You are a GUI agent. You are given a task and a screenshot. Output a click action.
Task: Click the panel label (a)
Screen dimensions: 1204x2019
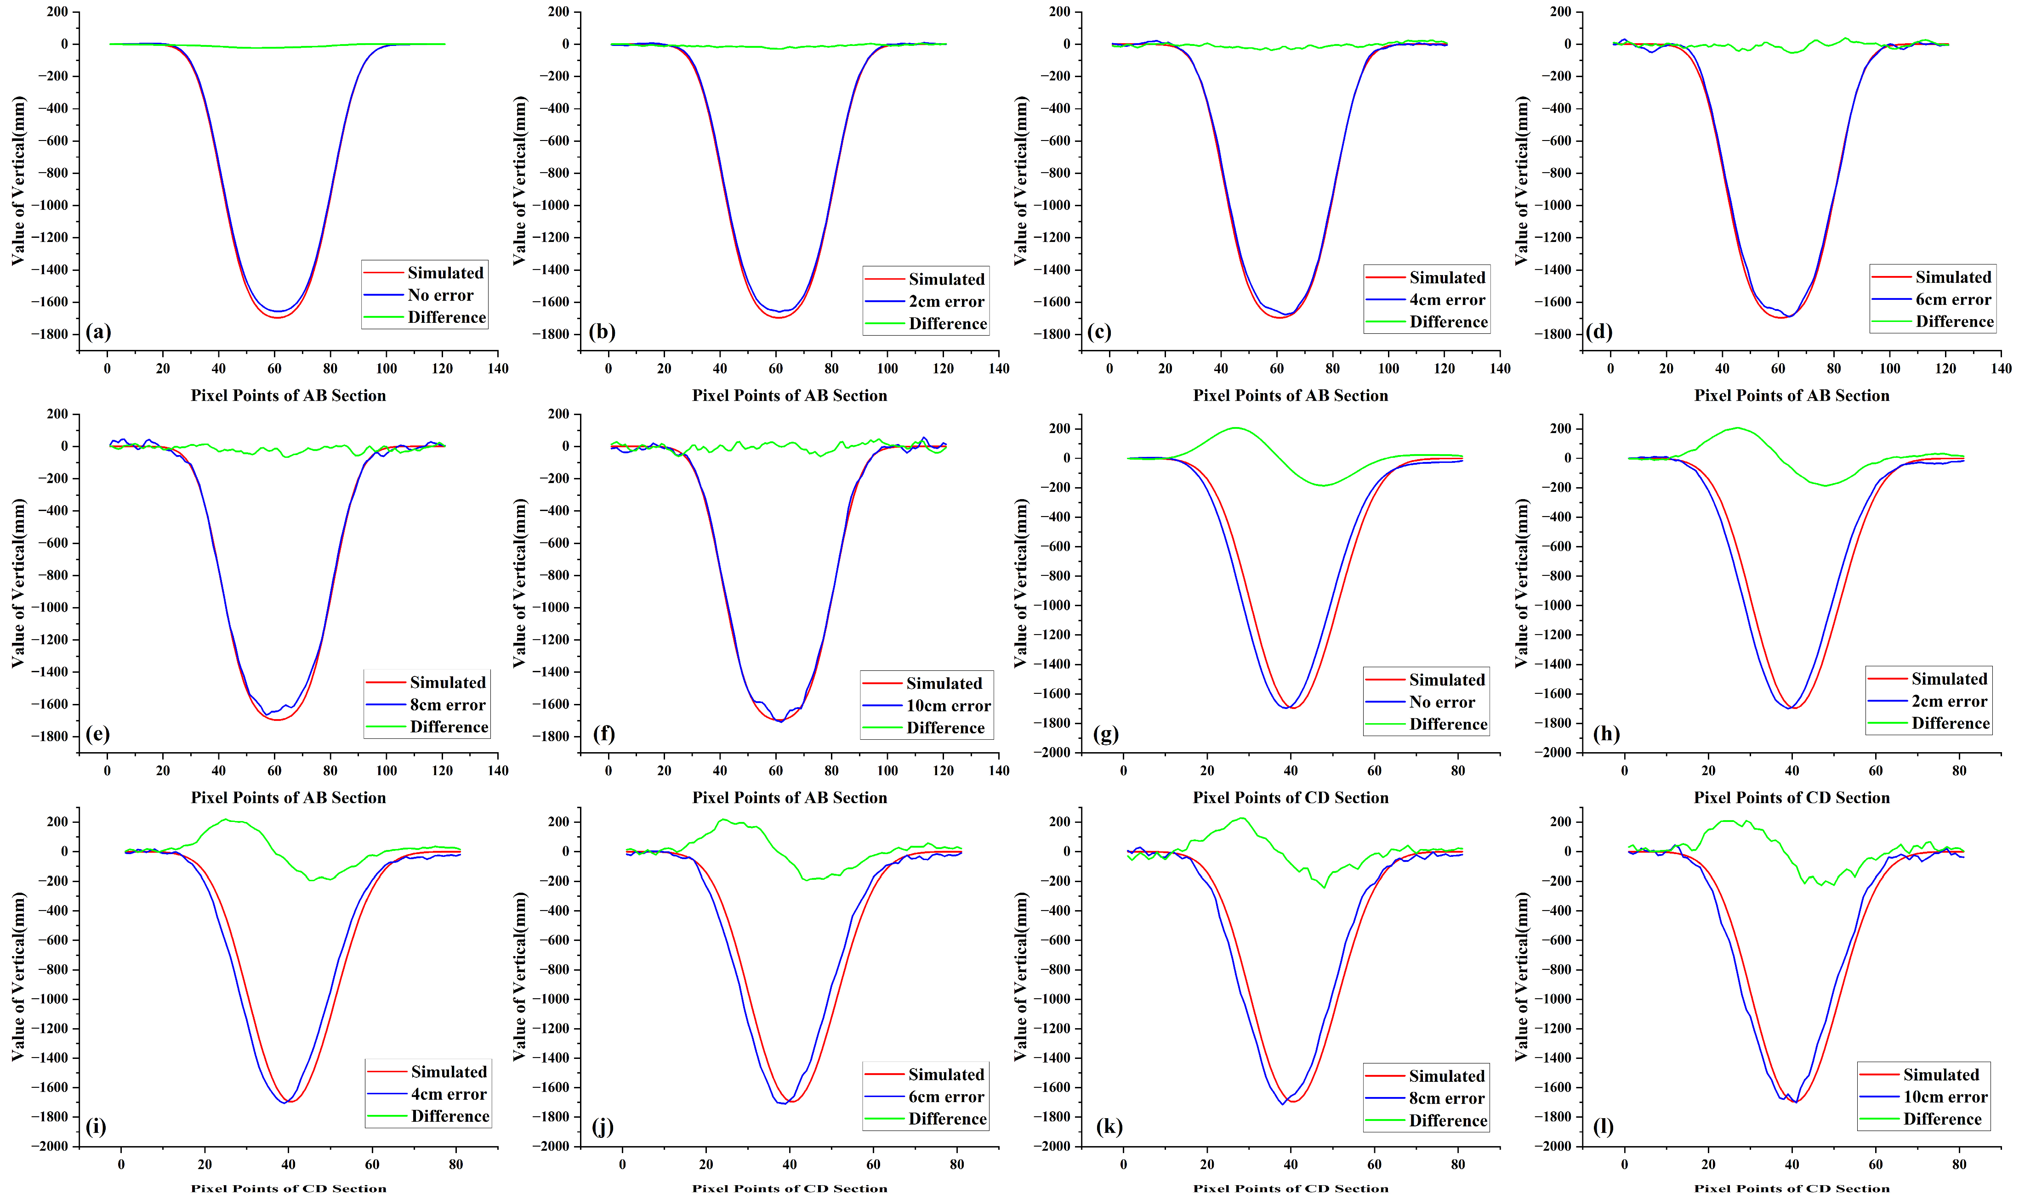click(98, 332)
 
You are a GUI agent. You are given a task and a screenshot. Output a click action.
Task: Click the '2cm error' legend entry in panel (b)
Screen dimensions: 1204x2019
click(946, 302)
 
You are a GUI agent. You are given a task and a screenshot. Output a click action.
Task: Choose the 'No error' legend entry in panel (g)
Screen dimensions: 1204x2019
click(1442, 702)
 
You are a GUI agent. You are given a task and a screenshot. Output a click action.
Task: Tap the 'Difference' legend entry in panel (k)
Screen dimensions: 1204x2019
click(1448, 1120)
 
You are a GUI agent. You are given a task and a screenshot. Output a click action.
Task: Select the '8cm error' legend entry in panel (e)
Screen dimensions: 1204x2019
click(447, 705)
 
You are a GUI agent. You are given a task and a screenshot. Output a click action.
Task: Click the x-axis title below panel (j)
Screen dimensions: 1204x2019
click(789, 1188)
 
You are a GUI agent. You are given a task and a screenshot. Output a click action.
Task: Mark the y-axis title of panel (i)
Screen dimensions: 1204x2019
click(18, 976)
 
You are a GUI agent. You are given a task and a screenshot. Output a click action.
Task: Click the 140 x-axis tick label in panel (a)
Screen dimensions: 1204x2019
click(498, 368)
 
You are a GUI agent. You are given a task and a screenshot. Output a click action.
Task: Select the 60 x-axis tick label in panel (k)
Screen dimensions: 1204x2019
click(1374, 1164)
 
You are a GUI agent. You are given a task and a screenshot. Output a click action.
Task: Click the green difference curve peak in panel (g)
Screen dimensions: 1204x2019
click(1235, 428)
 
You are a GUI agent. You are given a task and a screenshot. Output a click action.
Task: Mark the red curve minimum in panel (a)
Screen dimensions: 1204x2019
click(277, 317)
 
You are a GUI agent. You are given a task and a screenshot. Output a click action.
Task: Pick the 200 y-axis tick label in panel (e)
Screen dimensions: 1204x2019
click(57, 414)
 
